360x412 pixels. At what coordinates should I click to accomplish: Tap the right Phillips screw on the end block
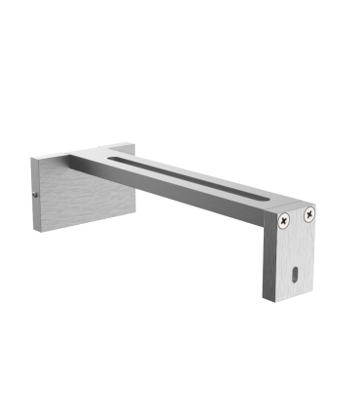[x=309, y=213]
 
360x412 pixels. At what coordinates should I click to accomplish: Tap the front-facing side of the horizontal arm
[x=195, y=195]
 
